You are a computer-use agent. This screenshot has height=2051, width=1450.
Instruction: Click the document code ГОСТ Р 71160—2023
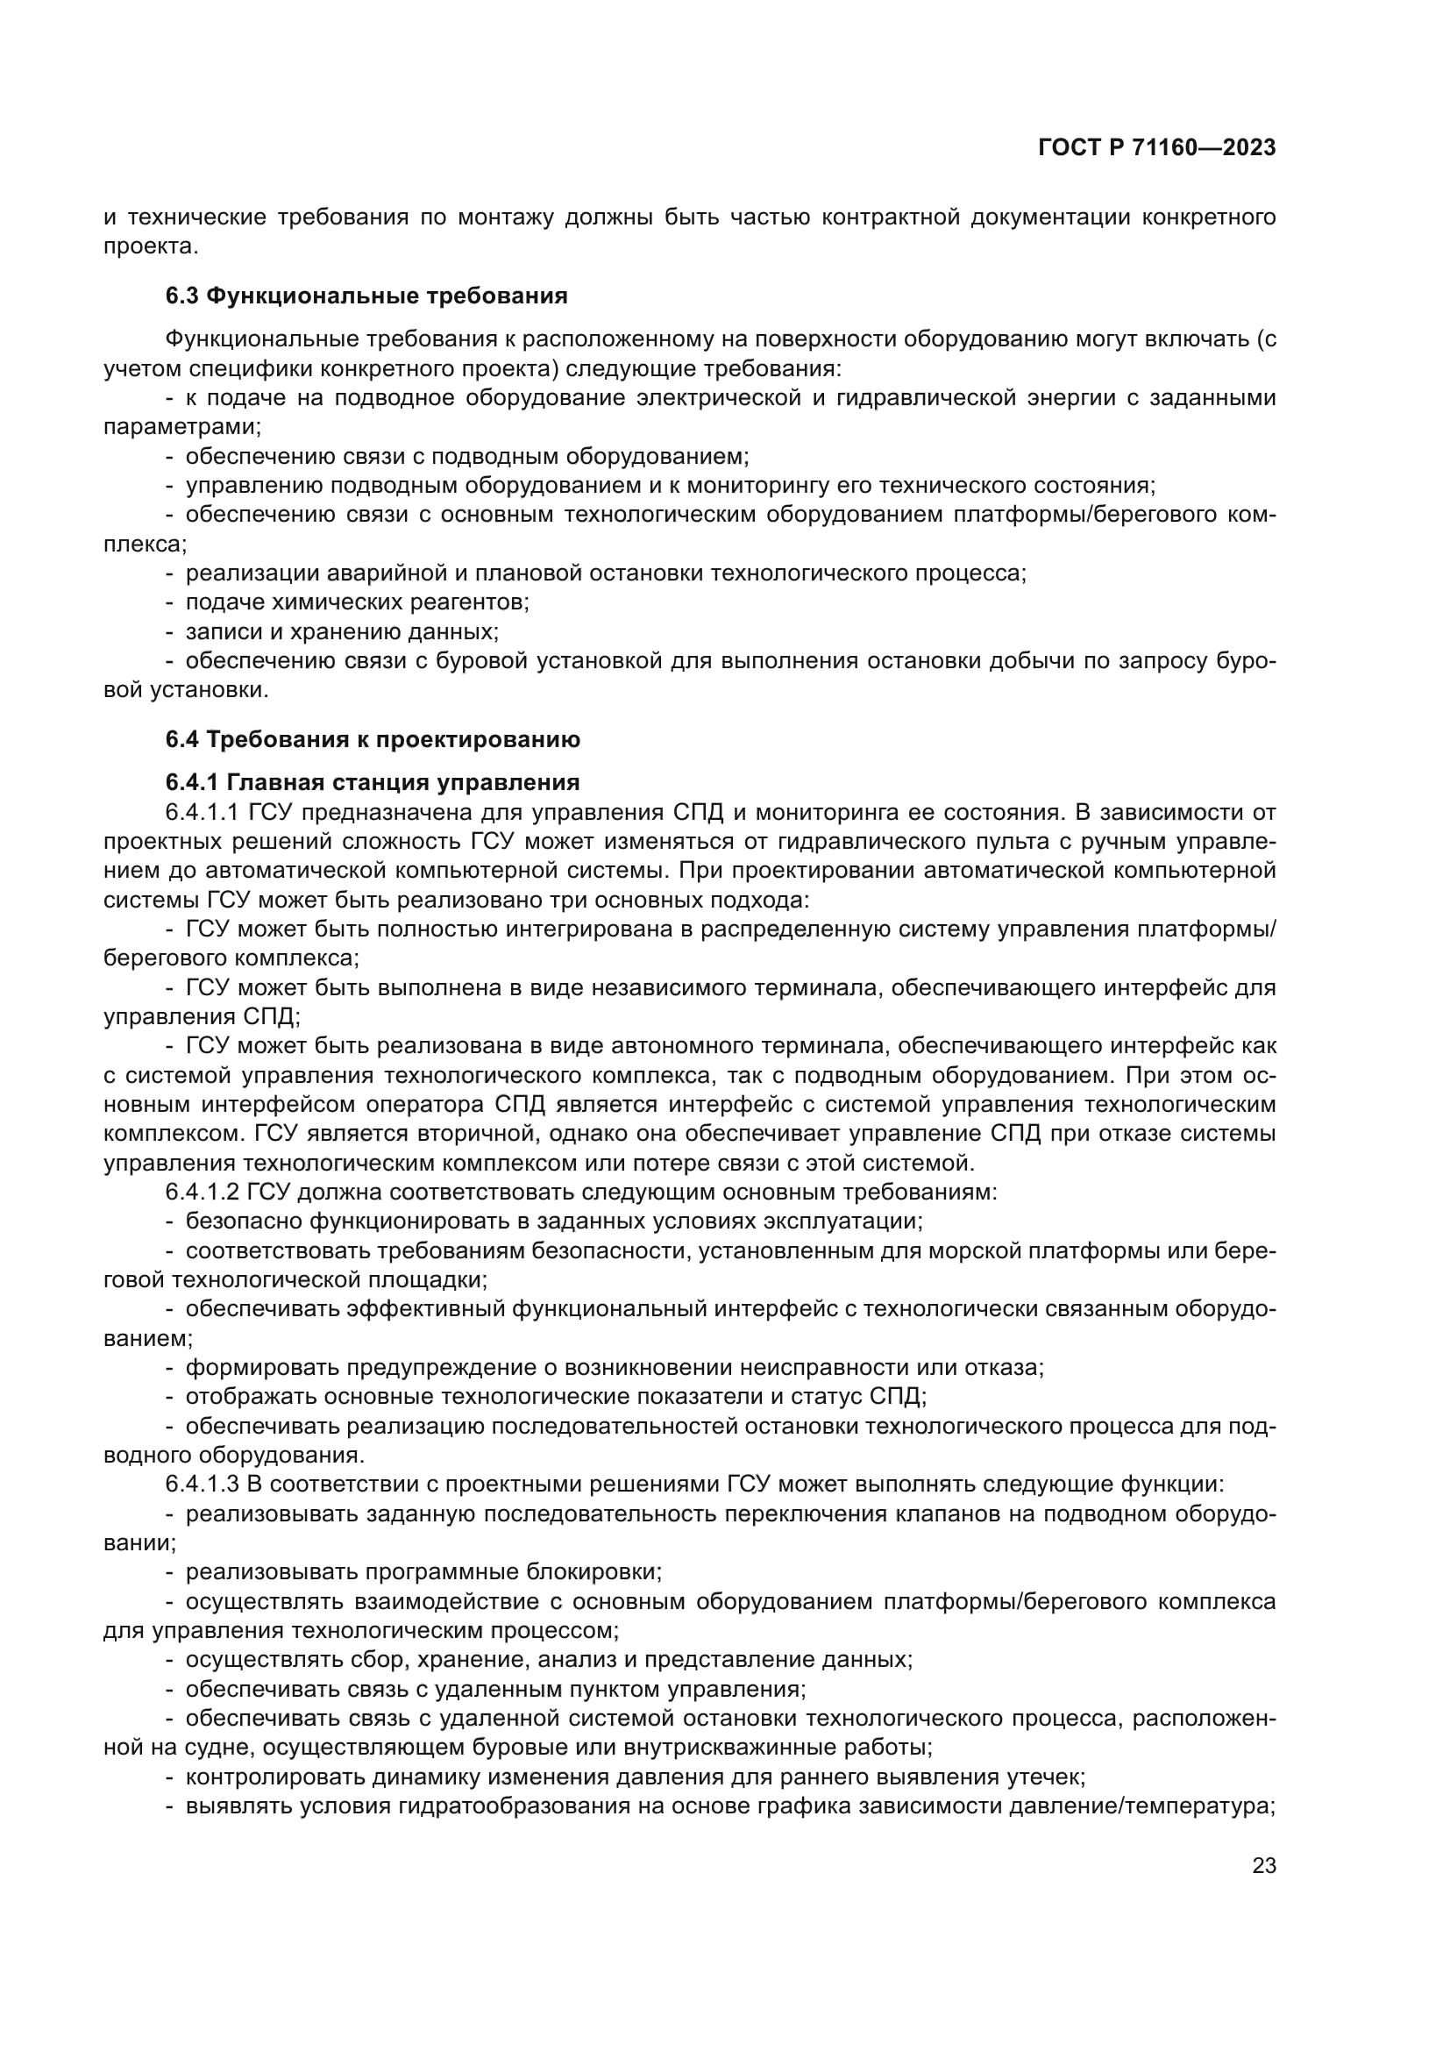point(1156,148)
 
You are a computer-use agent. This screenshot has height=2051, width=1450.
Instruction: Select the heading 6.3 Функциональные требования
point(366,296)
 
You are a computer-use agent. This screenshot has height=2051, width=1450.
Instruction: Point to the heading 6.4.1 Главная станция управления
point(373,782)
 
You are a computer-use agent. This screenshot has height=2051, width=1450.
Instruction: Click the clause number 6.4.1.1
point(203,812)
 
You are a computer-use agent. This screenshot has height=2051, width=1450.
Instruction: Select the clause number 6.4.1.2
point(203,1192)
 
